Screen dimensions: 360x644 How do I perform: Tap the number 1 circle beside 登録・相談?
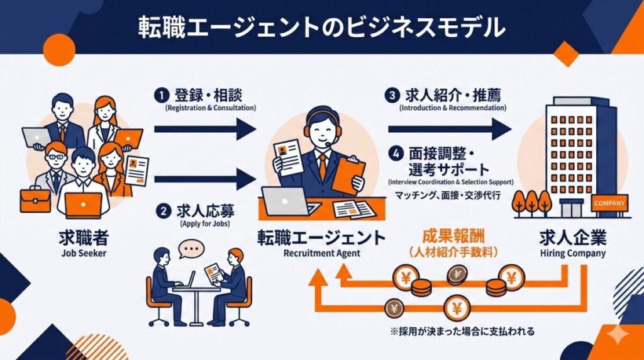point(162,96)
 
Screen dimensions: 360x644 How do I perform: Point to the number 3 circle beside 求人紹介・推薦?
point(393,96)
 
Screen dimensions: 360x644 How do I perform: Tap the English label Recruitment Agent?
point(321,254)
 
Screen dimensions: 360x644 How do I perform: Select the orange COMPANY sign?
point(609,203)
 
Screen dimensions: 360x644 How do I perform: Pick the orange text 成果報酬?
point(453,239)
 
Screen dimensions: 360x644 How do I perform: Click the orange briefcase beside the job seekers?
point(35,201)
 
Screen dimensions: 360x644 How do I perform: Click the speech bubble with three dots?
point(191,248)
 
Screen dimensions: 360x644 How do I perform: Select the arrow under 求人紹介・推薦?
point(449,129)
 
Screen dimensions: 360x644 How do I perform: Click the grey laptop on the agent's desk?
point(285,201)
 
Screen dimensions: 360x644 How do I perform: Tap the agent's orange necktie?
point(321,165)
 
